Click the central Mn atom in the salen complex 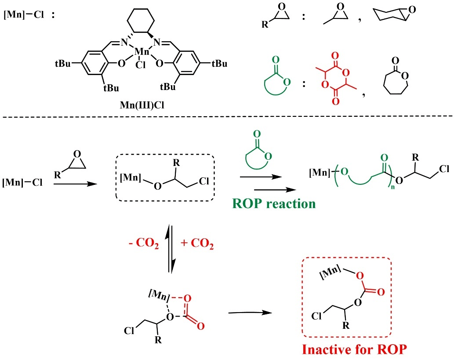click(142, 54)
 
